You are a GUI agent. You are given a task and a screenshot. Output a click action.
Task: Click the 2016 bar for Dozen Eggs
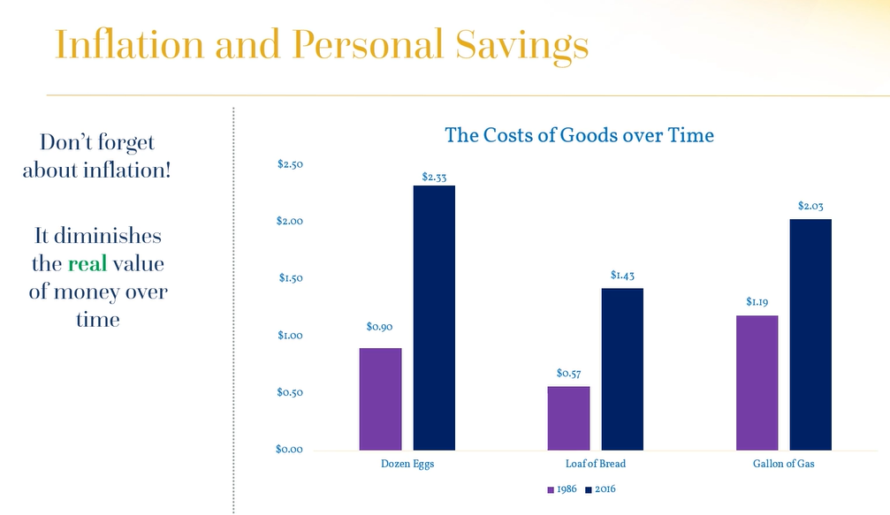[434, 318]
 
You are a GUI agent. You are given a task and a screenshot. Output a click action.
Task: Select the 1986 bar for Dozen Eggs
[380, 399]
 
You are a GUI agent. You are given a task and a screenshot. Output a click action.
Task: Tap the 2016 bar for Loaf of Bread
[623, 369]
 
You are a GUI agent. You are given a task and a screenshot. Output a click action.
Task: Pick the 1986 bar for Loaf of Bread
[569, 419]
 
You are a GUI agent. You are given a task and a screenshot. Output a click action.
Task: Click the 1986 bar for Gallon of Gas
[757, 382]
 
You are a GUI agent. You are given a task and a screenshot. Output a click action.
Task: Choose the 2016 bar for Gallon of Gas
[810, 335]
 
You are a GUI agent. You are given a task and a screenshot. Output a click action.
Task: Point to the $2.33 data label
[434, 177]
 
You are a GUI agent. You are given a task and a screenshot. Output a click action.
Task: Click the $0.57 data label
[569, 373]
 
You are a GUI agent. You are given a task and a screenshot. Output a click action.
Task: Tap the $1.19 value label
[757, 302]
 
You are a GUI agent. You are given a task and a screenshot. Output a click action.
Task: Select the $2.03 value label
[810, 206]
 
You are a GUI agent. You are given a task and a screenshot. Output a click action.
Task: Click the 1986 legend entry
[562, 489]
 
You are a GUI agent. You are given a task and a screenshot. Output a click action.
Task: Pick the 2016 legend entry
[600, 489]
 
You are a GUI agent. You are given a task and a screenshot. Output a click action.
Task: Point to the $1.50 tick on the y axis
[291, 278]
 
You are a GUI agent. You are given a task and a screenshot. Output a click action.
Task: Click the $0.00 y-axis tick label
[290, 450]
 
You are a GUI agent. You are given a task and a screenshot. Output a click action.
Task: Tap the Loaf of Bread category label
[596, 464]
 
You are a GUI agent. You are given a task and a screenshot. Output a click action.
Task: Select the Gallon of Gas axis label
[784, 464]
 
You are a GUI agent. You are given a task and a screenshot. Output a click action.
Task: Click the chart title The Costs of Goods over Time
[580, 135]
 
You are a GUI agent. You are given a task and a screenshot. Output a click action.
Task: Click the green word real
[87, 264]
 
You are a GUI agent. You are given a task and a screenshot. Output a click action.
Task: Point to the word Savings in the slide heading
[522, 45]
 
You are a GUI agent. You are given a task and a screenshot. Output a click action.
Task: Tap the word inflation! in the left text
[127, 170]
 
